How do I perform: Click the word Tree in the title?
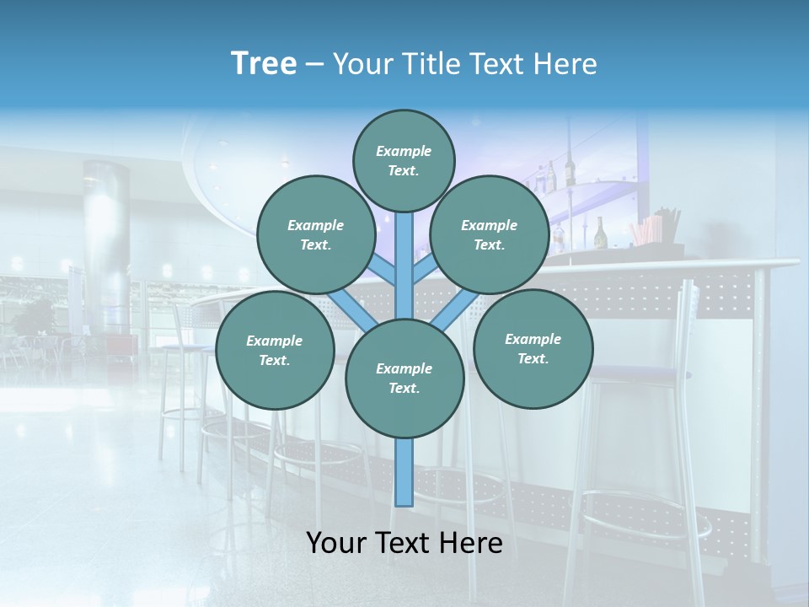(x=264, y=64)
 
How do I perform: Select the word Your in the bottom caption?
(x=336, y=543)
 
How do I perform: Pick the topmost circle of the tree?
(x=404, y=160)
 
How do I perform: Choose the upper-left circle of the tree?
(x=315, y=234)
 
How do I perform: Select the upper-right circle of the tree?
(x=490, y=234)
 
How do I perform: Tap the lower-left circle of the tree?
(x=275, y=350)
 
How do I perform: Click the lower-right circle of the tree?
(x=533, y=348)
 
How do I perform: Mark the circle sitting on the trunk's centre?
(x=404, y=378)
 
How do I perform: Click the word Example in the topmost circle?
(x=404, y=151)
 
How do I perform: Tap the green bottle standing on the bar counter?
(x=600, y=234)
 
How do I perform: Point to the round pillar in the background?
(x=106, y=244)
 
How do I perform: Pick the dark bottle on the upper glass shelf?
(x=570, y=169)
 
